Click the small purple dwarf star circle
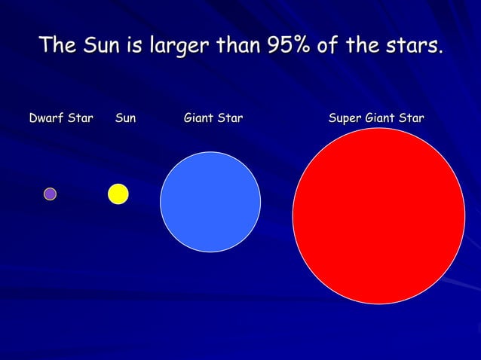point(50,194)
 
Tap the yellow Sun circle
point(118,194)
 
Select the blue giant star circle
point(210,202)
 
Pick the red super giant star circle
point(378,215)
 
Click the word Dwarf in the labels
point(45,118)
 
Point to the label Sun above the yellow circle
point(126,118)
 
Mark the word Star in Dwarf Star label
point(80,118)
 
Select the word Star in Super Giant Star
point(411,118)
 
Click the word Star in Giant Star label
point(231,118)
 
